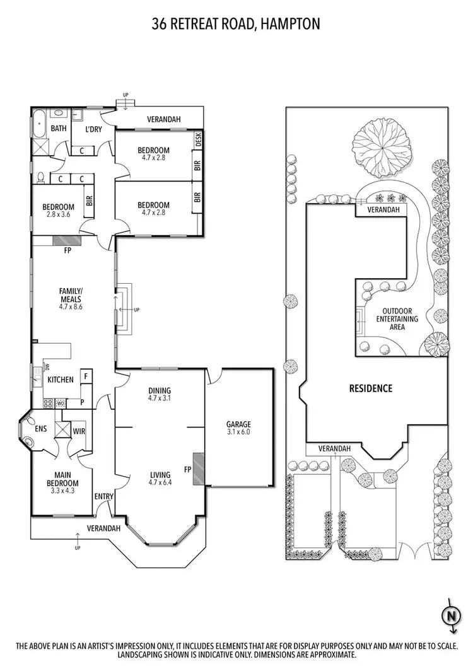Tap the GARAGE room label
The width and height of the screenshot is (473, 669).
coord(239,424)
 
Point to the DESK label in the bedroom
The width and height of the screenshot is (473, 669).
coord(197,139)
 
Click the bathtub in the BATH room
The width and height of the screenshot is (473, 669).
coord(39,124)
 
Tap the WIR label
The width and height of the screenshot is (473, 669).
coord(79,432)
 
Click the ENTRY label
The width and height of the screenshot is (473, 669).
coord(103,497)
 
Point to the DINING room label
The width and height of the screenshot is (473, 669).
coord(160,390)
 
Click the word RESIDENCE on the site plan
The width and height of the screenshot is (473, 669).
coord(371,388)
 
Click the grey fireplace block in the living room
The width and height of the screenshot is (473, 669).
coord(198,468)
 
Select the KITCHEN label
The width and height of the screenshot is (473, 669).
coord(61,380)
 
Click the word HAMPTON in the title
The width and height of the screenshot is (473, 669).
coord(290,24)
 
